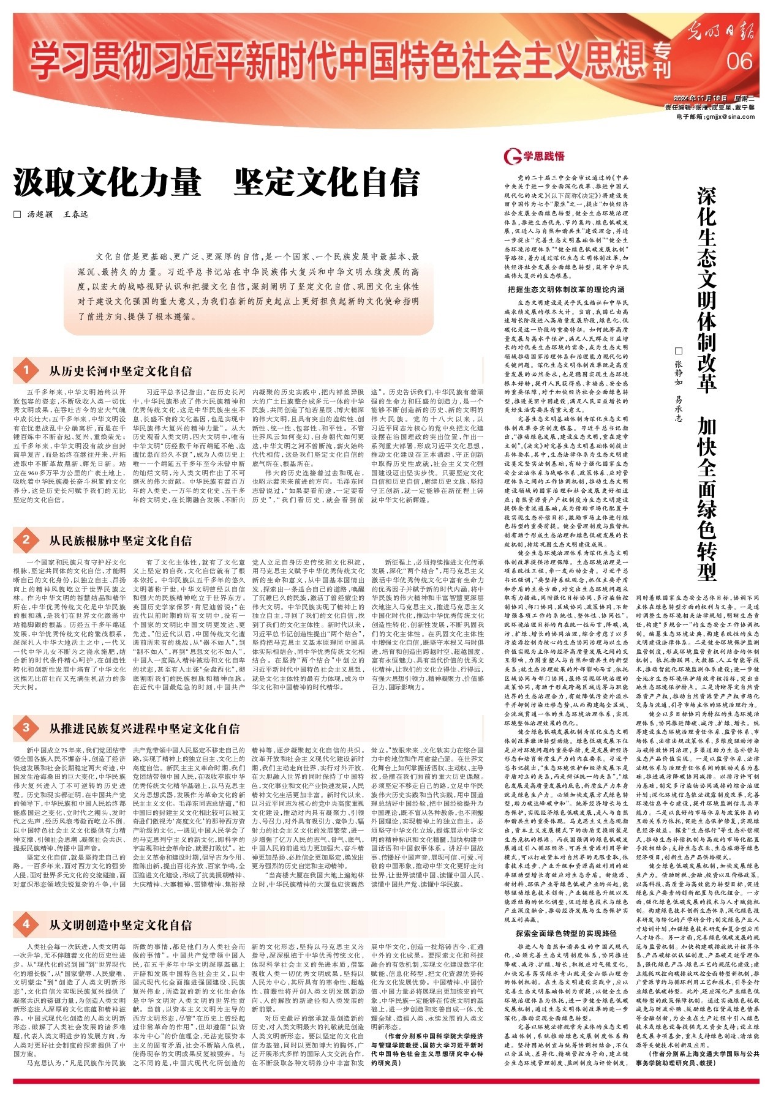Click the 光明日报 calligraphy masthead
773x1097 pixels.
(x=719, y=31)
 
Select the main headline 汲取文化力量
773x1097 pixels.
(x=108, y=182)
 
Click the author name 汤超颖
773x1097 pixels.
(x=40, y=215)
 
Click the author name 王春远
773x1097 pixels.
(x=77, y=215)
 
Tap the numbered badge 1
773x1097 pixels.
(x=26, y=370)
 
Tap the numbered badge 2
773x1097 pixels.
(x=26, y=540)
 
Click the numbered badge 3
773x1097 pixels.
(x=26, y=728)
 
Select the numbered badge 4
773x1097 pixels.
(x=26, y=924)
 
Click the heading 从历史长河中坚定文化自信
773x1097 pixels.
(x=120, y=371)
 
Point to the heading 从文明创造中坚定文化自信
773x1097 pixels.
(x=120, y=924)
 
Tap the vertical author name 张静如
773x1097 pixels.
(x=678, y=368)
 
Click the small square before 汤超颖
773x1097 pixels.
(x=17, y=215)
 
